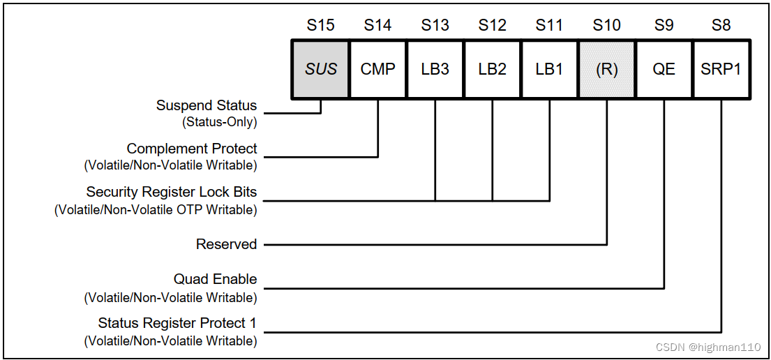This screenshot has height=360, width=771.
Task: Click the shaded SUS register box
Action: point(320,69)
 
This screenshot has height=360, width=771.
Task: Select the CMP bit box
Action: point(377,69)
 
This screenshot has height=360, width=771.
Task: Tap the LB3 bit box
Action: point(435,69)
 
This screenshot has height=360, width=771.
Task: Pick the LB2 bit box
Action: point(492,69)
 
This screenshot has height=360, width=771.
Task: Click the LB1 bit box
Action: point(549,69)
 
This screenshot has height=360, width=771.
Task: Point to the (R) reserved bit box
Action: point(606,69)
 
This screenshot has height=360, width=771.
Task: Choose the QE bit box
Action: point(664,69)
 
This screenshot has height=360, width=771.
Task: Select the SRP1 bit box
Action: point(721,69)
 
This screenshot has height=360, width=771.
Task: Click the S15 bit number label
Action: point(320,26)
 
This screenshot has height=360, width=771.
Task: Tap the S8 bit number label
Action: point(721,26)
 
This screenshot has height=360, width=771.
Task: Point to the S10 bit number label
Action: point(606,26)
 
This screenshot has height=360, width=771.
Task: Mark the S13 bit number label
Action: point(435,26)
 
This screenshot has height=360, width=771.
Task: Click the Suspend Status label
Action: point(206,105)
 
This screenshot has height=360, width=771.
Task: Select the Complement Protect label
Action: point(191,149)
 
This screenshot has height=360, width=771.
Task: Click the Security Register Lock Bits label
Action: point(171,192)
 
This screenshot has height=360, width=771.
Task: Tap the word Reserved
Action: point(226,244)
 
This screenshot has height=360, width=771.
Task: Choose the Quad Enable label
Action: point(215,279)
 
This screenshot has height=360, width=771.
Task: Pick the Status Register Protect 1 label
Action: point(177,323)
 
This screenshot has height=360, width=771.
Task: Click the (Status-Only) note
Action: point(219,122)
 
